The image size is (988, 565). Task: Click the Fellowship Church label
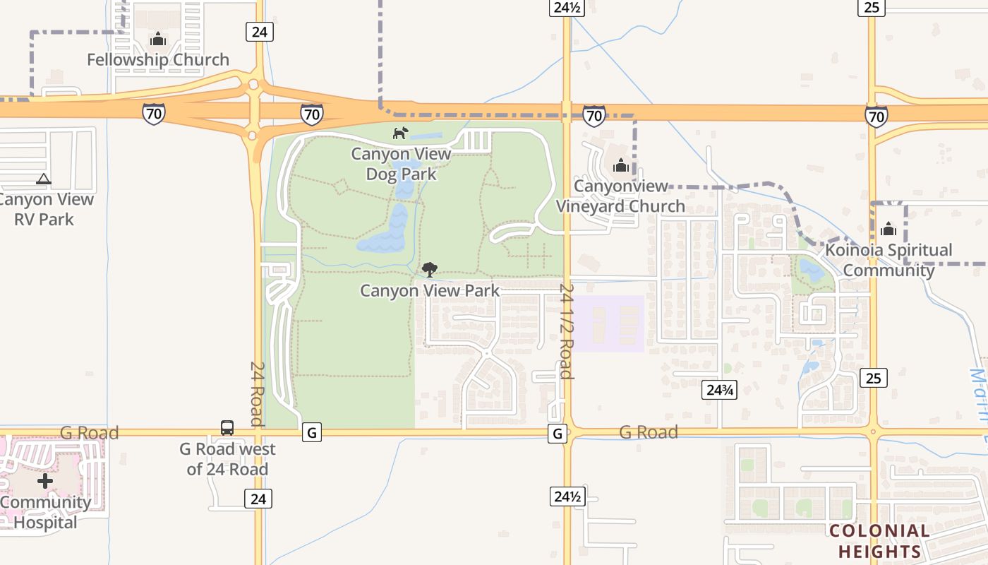point(158,60)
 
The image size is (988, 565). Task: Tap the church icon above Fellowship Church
point(158,39)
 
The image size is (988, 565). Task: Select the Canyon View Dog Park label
point(401,164)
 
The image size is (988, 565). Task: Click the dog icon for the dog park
point(400,133)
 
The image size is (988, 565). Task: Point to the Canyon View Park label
point(430,290)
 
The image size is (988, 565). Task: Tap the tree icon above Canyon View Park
point(429,269)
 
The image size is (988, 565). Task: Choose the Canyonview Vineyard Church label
point(620,196)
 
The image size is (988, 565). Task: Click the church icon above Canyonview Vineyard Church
point(621,165)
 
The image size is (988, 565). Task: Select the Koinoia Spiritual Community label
point(888,260)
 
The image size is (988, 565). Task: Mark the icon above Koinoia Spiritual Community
point(888,229)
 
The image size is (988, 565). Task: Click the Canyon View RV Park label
point(45,209)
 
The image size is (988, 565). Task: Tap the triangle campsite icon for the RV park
point(44,179)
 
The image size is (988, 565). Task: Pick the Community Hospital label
point(45,513)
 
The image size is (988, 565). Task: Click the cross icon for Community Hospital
point(45,482)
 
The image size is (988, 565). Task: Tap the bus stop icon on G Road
point(227,427)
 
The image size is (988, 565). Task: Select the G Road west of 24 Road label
point(227,459)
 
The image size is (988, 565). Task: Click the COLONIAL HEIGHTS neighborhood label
point(879,541)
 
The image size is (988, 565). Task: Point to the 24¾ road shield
point(719,390)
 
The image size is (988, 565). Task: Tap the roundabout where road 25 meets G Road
point(873,432)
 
